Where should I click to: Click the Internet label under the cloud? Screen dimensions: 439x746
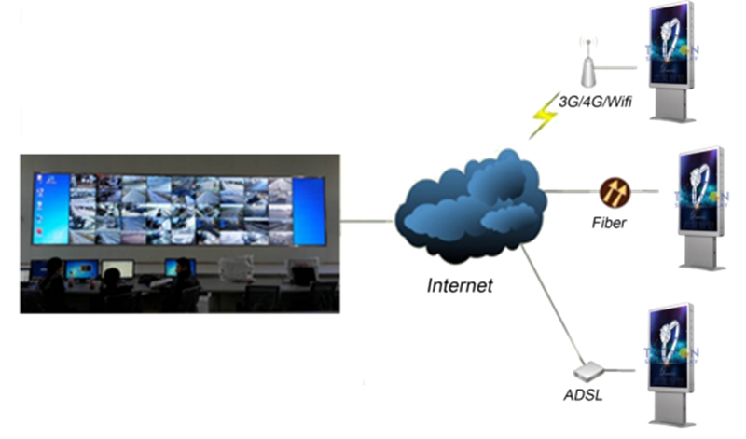click(x=459, y=285)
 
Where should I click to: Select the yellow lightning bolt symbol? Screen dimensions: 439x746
click(x=543, y=117)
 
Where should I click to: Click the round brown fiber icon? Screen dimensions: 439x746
click(x=615, y=191)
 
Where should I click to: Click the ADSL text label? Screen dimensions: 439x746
click(x=583, y=395)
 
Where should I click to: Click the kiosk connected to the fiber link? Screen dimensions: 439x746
click(x=697, y=205)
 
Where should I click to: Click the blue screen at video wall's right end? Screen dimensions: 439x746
click(x=308, y=211)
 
